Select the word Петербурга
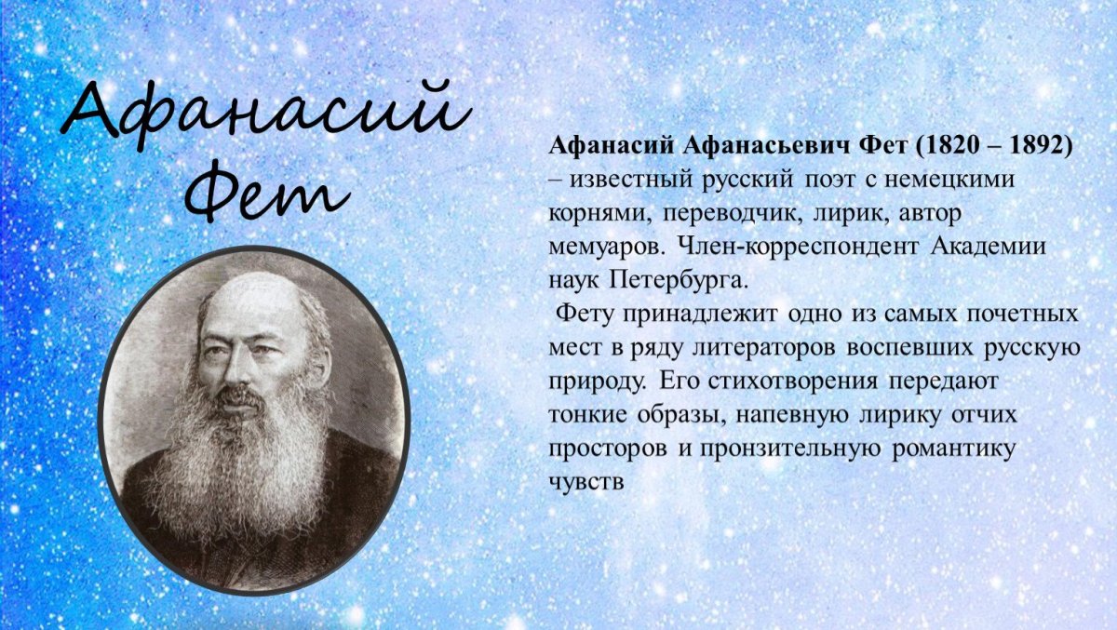[x=680, y=279]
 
